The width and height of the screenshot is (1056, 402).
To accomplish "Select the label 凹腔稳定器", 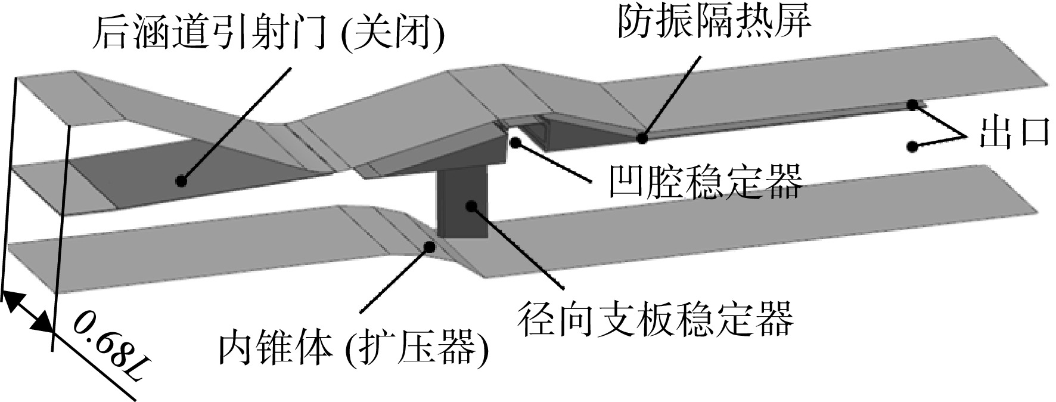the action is click(705, 181).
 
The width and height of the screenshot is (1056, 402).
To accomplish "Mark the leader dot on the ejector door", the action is click(181, 180).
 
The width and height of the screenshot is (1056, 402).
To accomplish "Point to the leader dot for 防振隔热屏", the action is click(642, 138).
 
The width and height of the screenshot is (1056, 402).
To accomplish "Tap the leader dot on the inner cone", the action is click(428, 246).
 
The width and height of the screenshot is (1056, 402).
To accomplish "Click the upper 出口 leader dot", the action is click(912, 105).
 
